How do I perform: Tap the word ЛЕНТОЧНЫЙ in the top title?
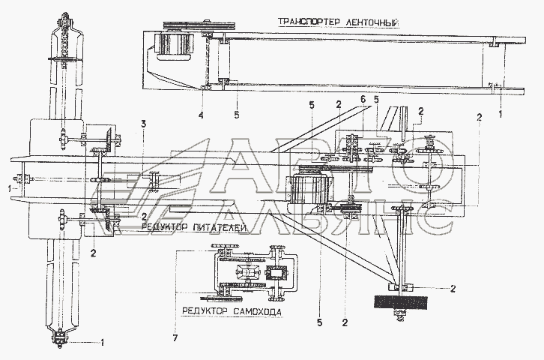tap(369, 22)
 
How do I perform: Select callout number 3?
tap(144, 122)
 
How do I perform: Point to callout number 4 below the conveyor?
tap(200, 115)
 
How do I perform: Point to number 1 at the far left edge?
tap(9, 187)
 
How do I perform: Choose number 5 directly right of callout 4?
tap(236, 115)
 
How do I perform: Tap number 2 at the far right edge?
tap(479, 116)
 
